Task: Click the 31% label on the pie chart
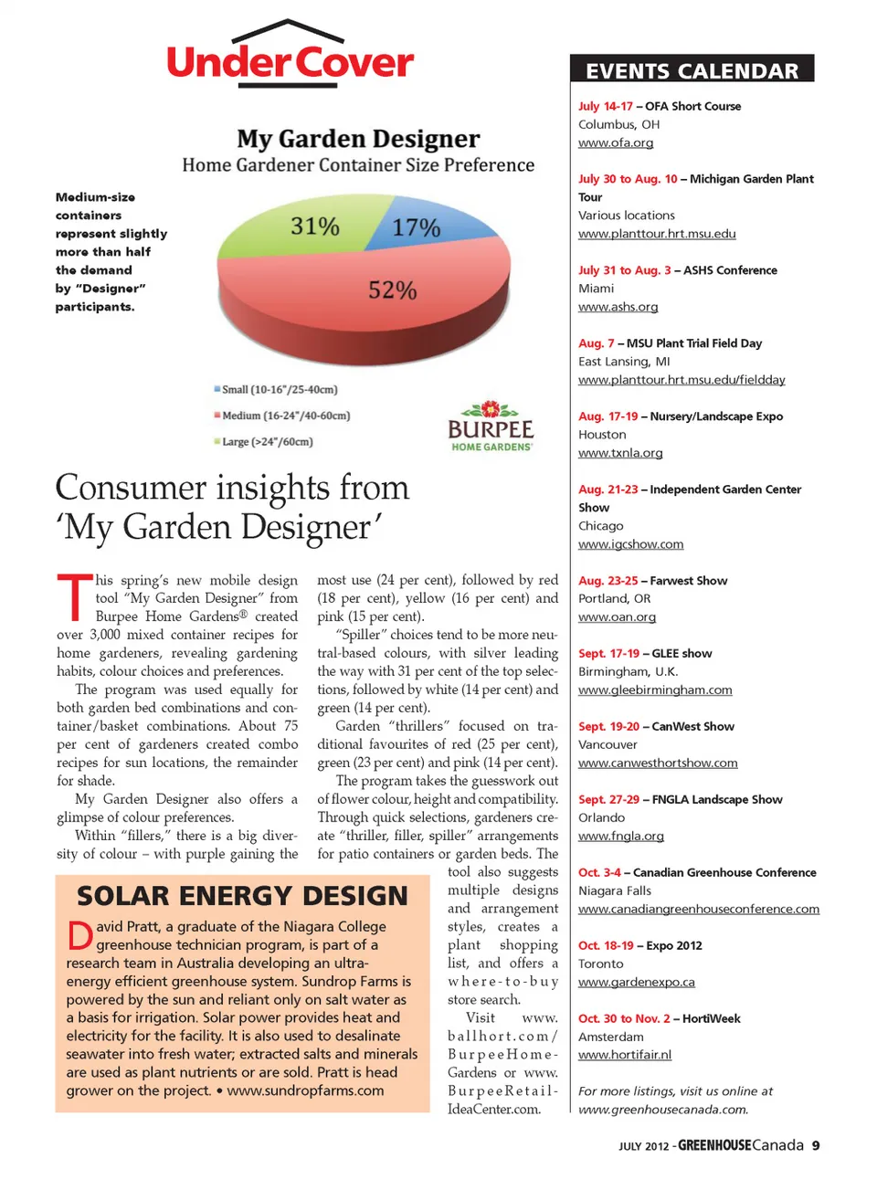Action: point(315,226)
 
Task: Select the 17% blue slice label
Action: point(416,227)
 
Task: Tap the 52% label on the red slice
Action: point(392,290)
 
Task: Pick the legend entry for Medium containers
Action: point(282,416)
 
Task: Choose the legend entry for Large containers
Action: point(263,442)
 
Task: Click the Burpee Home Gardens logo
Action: point(491,427)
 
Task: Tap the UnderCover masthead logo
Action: point(290,57)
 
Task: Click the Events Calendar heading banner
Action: point(692,70)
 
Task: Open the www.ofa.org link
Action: point(616,142)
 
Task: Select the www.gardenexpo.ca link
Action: point(637,982)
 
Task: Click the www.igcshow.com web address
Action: point(630,544)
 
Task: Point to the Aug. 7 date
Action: point(597,343)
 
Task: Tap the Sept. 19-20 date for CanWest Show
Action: point(608,726)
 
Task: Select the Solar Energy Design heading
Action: point(242,896)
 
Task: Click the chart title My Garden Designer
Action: point(358,139)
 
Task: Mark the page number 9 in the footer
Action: point(816,1145)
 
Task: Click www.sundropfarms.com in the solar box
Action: point(305,1090)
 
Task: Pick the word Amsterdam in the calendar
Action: point(611,1037)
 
